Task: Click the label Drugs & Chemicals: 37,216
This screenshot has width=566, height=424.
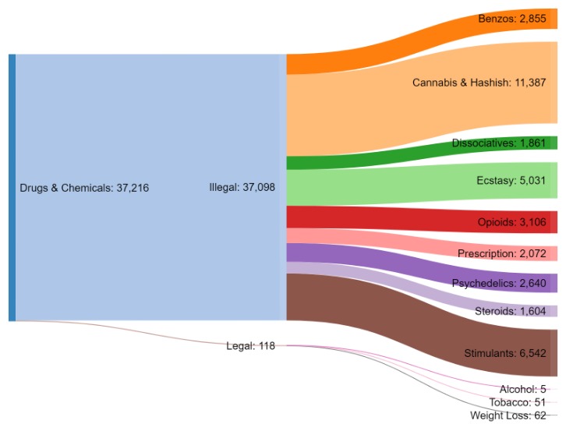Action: click(x=83, y=188)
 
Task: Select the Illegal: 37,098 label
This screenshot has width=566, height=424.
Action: click(x=242, y=188)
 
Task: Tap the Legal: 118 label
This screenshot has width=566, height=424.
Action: click(x=250, y=346)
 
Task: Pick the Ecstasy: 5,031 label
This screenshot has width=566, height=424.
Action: click(x=512, y=181)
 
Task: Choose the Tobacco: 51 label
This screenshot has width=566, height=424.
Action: click(x=518, y=402)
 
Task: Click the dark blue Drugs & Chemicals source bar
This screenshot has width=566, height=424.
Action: click(x=12, y=188)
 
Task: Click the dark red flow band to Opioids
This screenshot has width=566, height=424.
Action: click(x=390, y=219)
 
